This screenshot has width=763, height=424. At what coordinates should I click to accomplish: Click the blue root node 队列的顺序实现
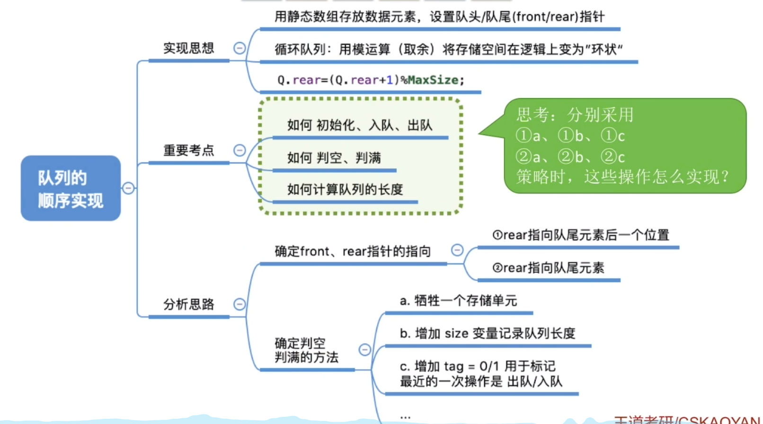point(71,188)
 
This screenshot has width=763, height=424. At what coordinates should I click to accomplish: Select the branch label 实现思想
point(188,48)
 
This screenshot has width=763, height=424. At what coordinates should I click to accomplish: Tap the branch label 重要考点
point(188,150)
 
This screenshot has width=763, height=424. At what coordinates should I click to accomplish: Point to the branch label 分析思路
point(188,304)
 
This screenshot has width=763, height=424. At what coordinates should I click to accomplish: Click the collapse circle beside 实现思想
point(240,48)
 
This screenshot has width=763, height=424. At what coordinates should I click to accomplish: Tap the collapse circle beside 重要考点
point(240,150)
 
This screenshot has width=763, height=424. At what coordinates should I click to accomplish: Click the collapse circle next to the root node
point(128,188)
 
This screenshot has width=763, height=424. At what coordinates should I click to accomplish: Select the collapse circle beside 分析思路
point(240,304)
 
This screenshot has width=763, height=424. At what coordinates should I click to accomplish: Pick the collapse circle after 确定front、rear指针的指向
point(457,250)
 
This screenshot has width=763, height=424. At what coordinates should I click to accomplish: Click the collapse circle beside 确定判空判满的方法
point(364,350)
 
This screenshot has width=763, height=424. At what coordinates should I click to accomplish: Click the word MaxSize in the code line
point(433,80)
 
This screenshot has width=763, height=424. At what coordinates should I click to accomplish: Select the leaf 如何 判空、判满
point(334,158)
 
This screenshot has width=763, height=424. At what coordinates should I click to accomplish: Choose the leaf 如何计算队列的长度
point(345,190)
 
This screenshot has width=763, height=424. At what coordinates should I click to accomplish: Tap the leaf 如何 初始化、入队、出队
point(359,125)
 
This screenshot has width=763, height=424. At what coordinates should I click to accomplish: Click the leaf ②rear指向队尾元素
point(548,268)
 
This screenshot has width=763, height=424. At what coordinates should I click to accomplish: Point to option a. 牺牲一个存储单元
point(458,301)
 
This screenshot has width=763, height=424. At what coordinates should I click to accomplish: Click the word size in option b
point(456,334)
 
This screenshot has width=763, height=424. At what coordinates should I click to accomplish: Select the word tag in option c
point(453,366)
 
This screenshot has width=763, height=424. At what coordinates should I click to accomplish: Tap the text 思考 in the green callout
point(532,115)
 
